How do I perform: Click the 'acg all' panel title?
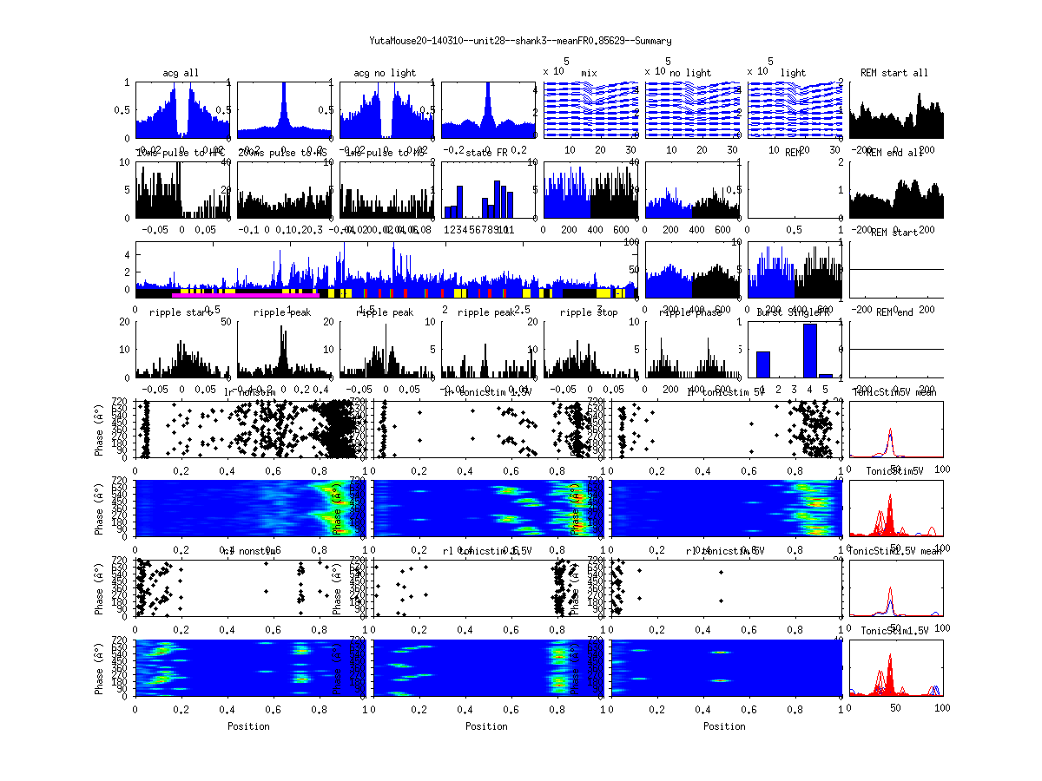pyautogui.click(x=181, y=73)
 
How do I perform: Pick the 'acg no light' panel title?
pyautogui.click(x=385, y=73)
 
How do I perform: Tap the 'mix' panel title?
pyautogui.click(x=590, y=73)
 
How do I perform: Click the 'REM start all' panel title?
pyautogui.click(x=894, y=73)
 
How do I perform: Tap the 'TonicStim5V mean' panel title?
pyautogui.click(x=896, y=393)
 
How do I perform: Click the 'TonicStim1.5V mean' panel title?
pyautogui.click(x=896, y=550)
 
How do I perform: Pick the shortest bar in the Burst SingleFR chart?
pyautogui.click(x=826, y=376)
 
